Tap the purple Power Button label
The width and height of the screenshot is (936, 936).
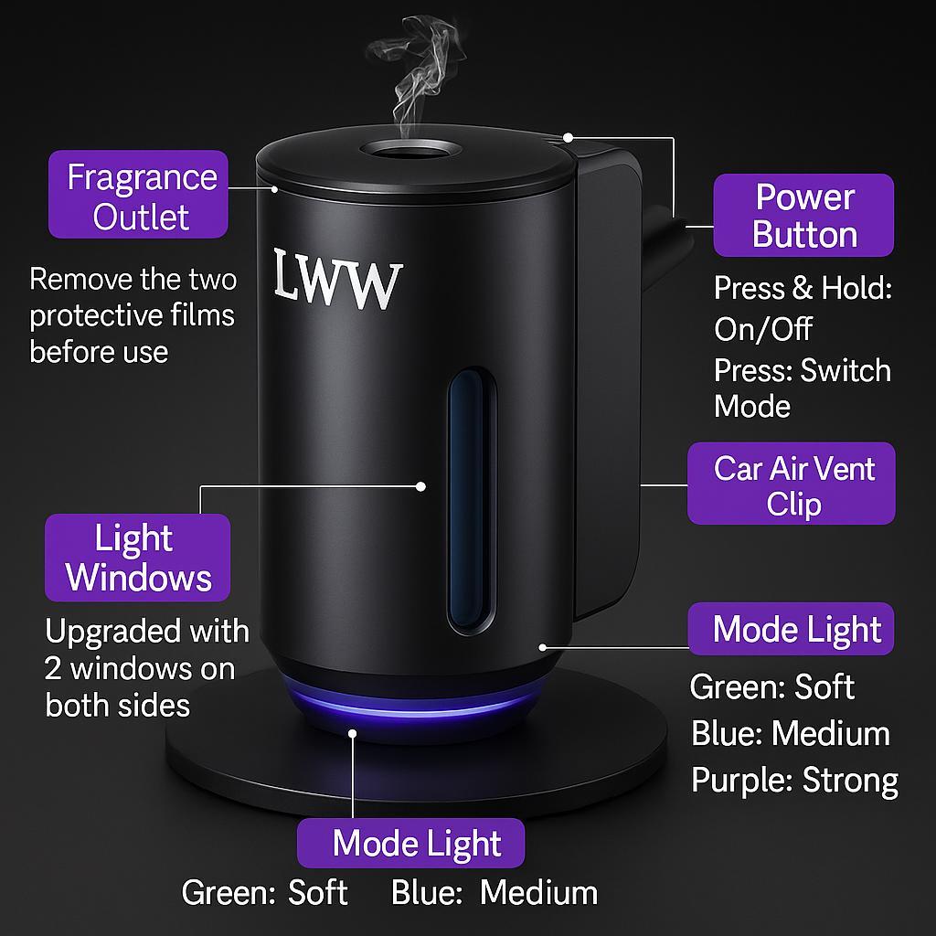(803, 216)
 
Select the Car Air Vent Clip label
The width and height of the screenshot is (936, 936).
(792, 484)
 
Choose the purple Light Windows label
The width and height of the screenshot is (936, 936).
(138, 558)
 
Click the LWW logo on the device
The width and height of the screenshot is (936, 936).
(337, 278)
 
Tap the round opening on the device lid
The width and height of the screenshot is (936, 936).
(403, 150)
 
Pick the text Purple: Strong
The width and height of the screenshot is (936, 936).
(794, 780)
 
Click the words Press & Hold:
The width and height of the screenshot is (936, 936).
(802, 289)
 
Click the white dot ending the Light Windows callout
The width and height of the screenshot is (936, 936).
(421, 486)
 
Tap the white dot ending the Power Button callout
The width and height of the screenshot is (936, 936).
(568, 138)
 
